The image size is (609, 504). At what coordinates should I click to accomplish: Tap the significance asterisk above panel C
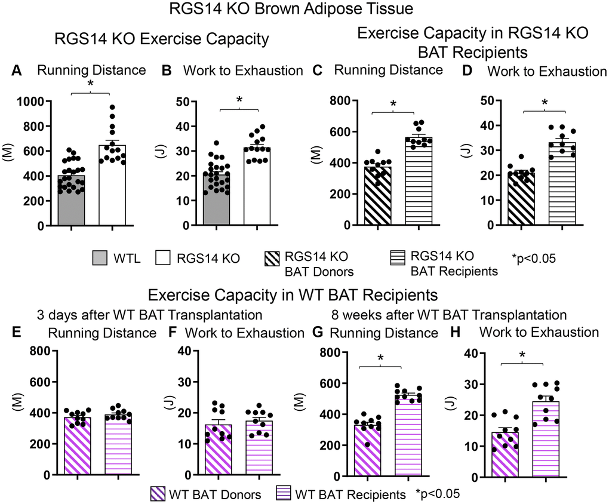click(393, 105)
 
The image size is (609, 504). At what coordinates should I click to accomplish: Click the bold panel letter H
click(470, 332)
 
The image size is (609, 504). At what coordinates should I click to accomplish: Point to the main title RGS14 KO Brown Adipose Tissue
click(304, 10)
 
